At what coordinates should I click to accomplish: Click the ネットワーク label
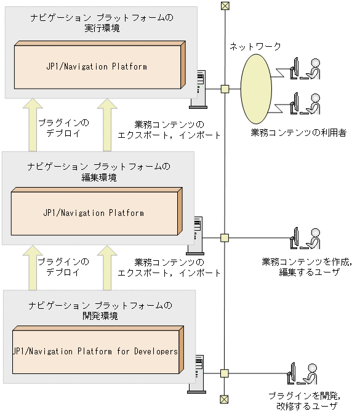click(255, 47)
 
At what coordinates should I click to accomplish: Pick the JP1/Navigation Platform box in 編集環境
click(95, 213)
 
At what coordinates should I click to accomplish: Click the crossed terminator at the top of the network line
click(225, 7)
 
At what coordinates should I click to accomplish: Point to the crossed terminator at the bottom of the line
click(225, 399)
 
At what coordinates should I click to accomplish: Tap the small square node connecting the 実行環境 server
click(225, 89)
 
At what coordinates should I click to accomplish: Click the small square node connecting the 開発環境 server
click(225, 373)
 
